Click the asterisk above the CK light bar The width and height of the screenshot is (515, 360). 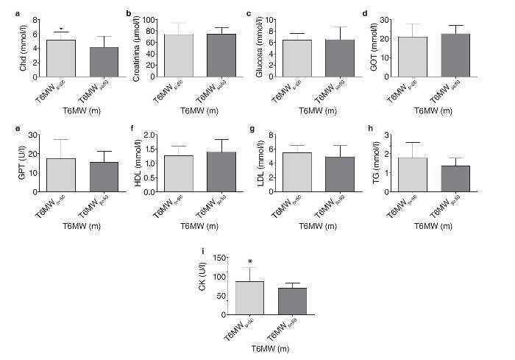(x=251, y=262)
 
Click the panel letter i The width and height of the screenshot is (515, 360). (x=203, y=250)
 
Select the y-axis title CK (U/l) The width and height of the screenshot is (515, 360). (x=202, y=285)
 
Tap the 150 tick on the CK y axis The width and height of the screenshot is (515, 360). (x=219, y=258)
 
